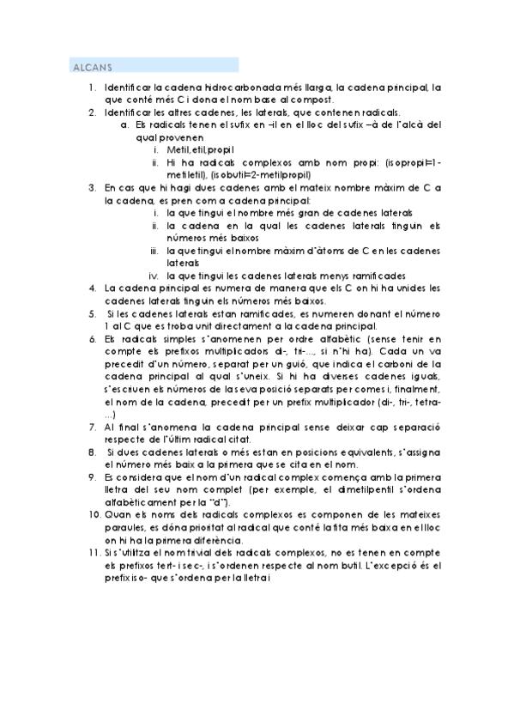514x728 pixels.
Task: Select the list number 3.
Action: pos(92,186)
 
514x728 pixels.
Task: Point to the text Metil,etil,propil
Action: pos(198,149)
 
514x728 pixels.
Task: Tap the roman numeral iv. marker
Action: pos(155,276)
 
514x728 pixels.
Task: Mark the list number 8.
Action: pos(92,451)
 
